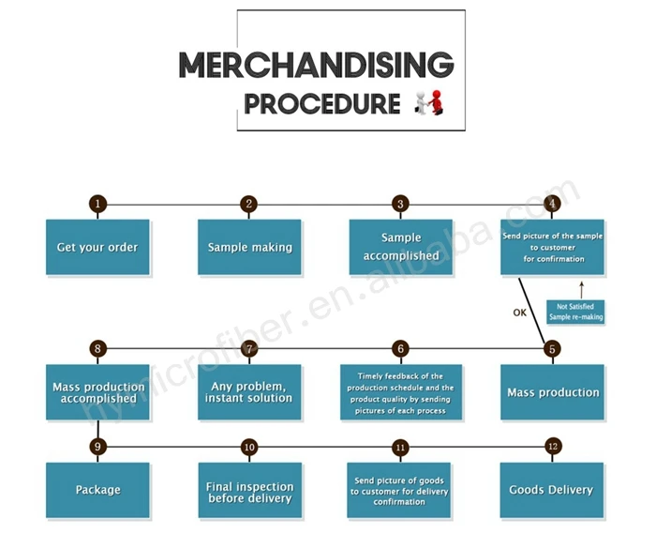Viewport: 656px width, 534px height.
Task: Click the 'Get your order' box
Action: click(x=97, y=248)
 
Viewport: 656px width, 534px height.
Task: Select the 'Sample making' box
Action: click(x=249, y=248)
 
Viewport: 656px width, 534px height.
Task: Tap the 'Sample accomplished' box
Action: click(x=400, y=248)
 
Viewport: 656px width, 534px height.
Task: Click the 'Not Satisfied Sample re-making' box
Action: click(x=575, y=312)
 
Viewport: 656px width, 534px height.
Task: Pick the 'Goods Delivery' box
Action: click(x=551, y=490)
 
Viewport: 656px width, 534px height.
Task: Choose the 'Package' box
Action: click(x=97, y=490)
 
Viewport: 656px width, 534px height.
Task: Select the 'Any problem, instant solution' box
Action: click(x=249, y=392)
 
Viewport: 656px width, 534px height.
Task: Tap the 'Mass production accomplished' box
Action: click(x=97, y=392)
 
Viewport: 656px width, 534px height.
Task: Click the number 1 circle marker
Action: click(x=97, y=204)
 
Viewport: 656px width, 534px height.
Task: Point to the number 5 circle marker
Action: click(x=552, y=349)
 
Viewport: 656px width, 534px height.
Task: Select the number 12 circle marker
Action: click(x=552, y=447)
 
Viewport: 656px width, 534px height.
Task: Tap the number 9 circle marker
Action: click(x=97, y=447)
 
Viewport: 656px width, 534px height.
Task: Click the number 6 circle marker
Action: click(x=400, y=349)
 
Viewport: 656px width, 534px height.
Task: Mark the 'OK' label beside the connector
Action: click(x=520, y=313)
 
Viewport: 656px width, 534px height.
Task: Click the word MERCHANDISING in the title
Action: click(x=316, y=65)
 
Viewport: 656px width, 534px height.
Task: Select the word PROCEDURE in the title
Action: click(x=322, y=103)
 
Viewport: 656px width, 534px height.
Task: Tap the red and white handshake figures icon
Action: click(x=428, y=102)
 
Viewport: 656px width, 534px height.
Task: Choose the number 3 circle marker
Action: click(x=400, y=204)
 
